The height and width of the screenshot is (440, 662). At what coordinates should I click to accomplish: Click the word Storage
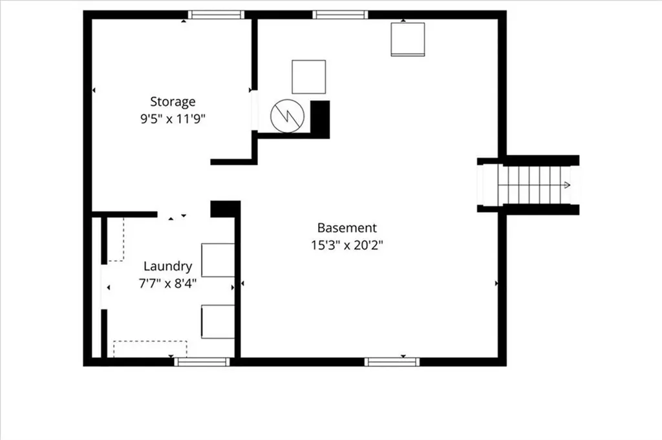point(173,101)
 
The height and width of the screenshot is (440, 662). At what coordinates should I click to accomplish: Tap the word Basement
point(347,227)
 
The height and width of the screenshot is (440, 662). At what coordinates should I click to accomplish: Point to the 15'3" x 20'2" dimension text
point(347,245)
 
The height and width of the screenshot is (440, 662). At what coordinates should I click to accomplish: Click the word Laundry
point(167,266)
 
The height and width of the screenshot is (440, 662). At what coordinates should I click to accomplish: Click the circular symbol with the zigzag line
point(286,116)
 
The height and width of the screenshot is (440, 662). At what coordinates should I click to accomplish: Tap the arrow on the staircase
point(566,185)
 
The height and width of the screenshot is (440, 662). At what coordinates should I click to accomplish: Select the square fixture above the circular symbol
point(308,77)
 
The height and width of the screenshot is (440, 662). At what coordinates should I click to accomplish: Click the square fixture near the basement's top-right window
point(408,39)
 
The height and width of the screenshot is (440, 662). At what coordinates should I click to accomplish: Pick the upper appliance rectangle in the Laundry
point(218,260)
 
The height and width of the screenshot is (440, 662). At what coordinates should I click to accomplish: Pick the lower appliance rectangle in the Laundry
point(218,322)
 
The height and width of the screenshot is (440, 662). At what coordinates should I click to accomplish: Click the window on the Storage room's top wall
point(217,14)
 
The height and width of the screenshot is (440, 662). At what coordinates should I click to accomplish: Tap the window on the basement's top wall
point(340,14)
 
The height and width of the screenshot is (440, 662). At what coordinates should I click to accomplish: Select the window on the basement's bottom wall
point(392,362)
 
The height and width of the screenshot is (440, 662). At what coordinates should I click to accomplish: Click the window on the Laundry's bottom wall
point(202,362)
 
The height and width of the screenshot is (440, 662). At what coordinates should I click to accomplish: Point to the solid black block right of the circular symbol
point(321,118)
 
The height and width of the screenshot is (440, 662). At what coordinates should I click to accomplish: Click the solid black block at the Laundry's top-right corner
point(224,209)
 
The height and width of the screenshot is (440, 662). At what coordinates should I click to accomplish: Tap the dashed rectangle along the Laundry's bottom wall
point(150,348)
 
